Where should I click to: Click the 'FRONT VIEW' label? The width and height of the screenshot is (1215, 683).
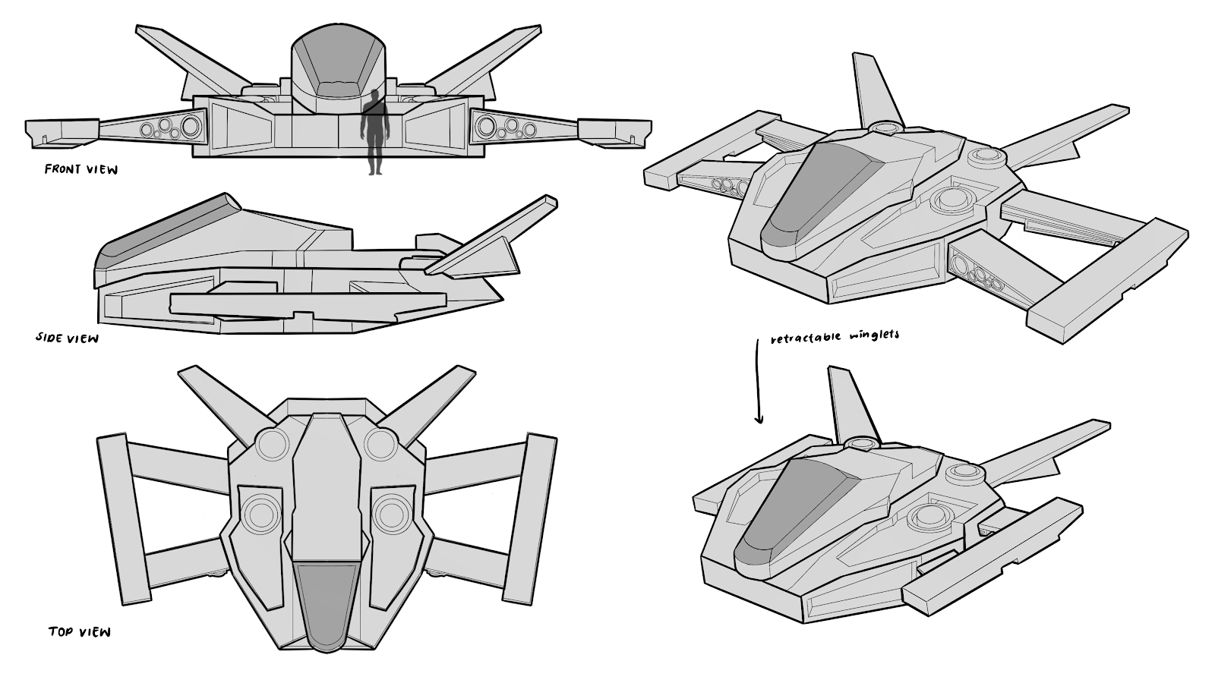81,169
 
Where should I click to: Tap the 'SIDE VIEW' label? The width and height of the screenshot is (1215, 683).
67,338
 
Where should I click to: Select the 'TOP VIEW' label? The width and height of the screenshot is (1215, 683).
79,631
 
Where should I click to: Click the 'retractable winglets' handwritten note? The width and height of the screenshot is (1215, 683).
834,336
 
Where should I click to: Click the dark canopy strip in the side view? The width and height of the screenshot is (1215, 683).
163,225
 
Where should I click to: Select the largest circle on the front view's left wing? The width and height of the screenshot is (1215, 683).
191,126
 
